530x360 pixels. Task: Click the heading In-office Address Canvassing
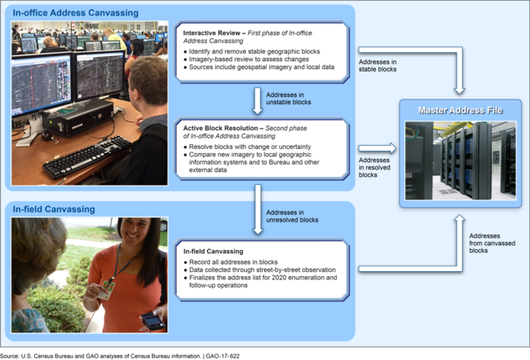76,12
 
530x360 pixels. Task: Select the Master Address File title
460,110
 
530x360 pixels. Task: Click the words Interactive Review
213,33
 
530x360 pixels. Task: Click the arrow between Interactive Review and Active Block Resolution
258,99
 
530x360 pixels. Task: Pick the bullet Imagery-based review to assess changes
245,60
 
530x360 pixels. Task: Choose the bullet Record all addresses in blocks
230,261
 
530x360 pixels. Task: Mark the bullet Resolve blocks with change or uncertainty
241,147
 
